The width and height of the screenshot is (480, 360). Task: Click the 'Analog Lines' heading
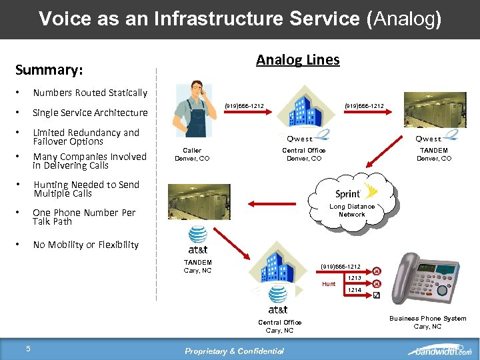[297, 60]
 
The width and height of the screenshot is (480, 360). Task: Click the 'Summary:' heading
[49, 70]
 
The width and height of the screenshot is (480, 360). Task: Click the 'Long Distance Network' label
[352, 211]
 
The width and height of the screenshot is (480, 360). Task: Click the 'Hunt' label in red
[329, 284]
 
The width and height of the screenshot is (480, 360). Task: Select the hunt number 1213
[355, 278]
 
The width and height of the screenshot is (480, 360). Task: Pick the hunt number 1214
[355, 290]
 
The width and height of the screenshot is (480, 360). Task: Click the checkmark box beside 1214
[377, 295]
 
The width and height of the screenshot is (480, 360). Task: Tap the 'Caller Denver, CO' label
[192, 155]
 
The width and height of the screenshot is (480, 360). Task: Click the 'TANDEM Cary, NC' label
[197, 266]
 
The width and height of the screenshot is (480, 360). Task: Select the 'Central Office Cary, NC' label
[279, 327]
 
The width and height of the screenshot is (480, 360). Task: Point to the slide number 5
[28, 348]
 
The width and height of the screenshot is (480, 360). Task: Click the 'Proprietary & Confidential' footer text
[234, 351]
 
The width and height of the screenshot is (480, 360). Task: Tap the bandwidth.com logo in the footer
[440, 351]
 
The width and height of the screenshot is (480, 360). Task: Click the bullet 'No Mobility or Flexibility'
[86, 245]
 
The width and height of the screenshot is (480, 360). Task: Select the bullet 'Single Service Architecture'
[90, 113]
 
